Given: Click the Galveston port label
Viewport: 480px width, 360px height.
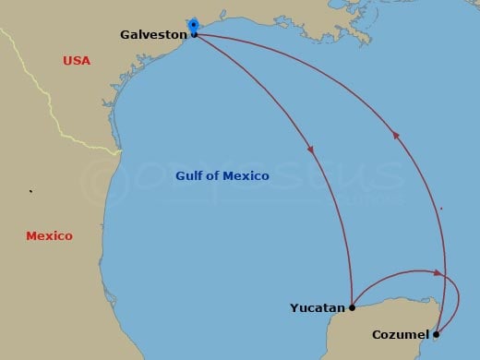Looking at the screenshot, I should (153, 35).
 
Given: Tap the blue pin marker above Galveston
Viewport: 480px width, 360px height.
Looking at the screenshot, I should (193, 24).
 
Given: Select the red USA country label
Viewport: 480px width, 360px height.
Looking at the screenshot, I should (77, 61).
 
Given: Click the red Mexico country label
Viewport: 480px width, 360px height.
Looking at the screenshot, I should (49, 236).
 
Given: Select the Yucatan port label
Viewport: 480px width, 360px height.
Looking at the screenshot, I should (318, 307).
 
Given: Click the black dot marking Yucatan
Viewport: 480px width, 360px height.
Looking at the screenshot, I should (352, 306).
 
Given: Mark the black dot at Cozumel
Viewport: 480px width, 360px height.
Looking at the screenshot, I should (436, 334).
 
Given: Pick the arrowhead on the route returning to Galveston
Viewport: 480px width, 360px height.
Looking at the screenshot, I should (396, 135).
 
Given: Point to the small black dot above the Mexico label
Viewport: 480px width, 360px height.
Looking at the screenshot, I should (30, 192).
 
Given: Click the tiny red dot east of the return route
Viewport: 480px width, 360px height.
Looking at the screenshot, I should (440, 209).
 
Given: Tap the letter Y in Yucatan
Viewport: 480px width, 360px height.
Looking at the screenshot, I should (294, 307).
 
